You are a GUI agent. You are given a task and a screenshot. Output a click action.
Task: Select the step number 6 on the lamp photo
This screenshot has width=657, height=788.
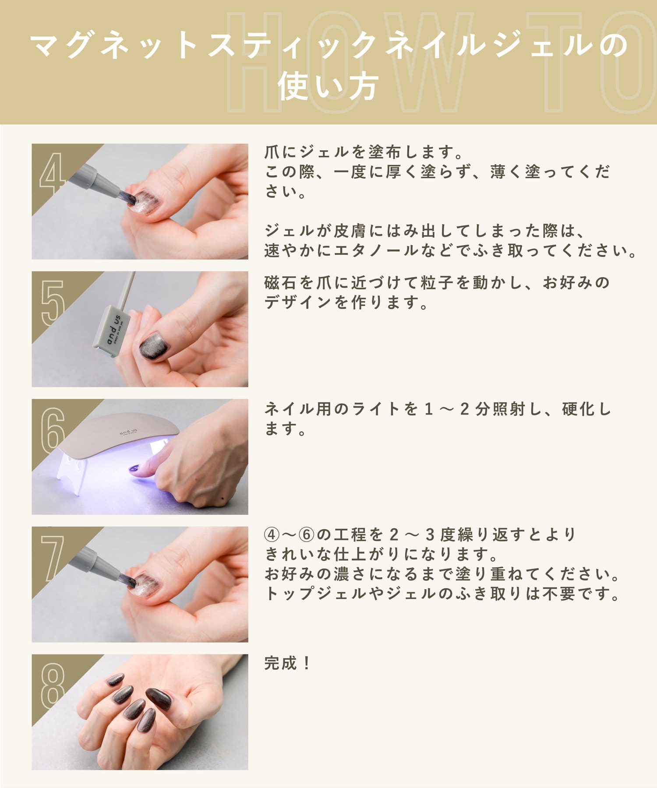click(x=53, y=430)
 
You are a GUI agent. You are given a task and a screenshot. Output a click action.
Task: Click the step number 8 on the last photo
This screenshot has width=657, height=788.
click(x=53, y=686)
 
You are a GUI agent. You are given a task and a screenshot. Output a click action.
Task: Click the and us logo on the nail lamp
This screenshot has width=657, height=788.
click(x=128, y=432)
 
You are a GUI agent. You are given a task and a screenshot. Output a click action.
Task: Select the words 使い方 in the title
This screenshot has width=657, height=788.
click(x=328, y=86)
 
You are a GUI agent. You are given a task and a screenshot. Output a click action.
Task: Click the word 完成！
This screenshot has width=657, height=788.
click(x=288, y=663)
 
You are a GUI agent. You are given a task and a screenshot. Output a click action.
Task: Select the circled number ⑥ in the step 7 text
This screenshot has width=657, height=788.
click(x=307, y=535)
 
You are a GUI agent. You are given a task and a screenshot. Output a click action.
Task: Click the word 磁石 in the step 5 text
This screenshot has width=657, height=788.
click(x=281, y=283)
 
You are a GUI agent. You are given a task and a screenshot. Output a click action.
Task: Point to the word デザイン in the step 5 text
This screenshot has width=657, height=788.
click(x=297, y=303)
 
